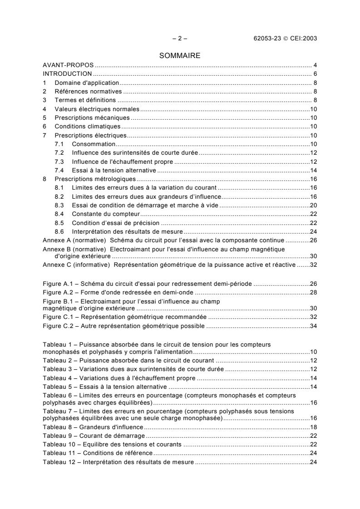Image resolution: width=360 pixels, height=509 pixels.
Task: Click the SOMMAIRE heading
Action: pos(179,56)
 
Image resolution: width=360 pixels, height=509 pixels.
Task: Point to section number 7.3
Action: pos(59,162)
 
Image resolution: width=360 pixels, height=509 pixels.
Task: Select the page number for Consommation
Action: pos(313,144)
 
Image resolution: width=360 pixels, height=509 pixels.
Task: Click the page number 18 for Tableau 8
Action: pos(313,427)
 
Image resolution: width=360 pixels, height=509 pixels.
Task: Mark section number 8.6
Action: pos(59,231)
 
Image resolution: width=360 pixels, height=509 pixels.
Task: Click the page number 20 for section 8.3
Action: pos(313,205)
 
